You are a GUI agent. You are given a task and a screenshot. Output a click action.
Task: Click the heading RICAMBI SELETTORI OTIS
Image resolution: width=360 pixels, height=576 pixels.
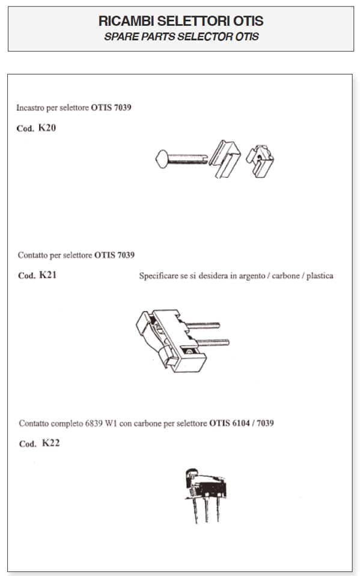click(181, 21)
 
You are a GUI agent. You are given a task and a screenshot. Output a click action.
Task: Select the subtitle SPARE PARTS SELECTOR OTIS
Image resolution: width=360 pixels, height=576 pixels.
click(182, 37)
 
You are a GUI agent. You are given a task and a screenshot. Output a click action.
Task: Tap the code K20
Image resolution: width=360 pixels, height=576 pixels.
click(47, 128)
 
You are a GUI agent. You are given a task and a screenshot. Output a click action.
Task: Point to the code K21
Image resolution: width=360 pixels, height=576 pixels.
click(48, 275)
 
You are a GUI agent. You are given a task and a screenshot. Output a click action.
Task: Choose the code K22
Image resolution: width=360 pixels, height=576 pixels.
click(50, 443)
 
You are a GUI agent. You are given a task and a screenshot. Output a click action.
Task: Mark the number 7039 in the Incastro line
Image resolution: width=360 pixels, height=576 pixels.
click(123, 108)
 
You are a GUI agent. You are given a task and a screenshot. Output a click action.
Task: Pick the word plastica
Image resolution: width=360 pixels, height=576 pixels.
click(320, 276)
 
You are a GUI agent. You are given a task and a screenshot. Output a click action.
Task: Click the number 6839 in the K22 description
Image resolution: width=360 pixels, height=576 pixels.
click(94, 423)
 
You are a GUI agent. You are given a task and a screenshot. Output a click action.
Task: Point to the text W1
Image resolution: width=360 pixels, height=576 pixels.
click(111, 423)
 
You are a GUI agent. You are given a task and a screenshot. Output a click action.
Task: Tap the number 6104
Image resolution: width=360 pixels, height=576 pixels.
click(240, 423)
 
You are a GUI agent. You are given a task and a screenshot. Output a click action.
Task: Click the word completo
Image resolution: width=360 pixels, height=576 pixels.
click(67, 423)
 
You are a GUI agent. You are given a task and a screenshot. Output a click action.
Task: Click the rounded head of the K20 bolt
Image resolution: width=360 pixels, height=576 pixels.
click(162, 159)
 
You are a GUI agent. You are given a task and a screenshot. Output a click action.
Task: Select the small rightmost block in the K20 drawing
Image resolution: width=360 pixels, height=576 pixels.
click(260, 161)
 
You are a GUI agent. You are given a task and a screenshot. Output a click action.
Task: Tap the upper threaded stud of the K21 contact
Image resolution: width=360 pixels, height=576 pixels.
click(203, 324)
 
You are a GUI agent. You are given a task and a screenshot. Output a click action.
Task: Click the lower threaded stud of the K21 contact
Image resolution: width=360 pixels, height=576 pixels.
click(213, 343)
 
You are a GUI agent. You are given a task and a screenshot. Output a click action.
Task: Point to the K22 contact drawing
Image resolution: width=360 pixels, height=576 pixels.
click(205, 495)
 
